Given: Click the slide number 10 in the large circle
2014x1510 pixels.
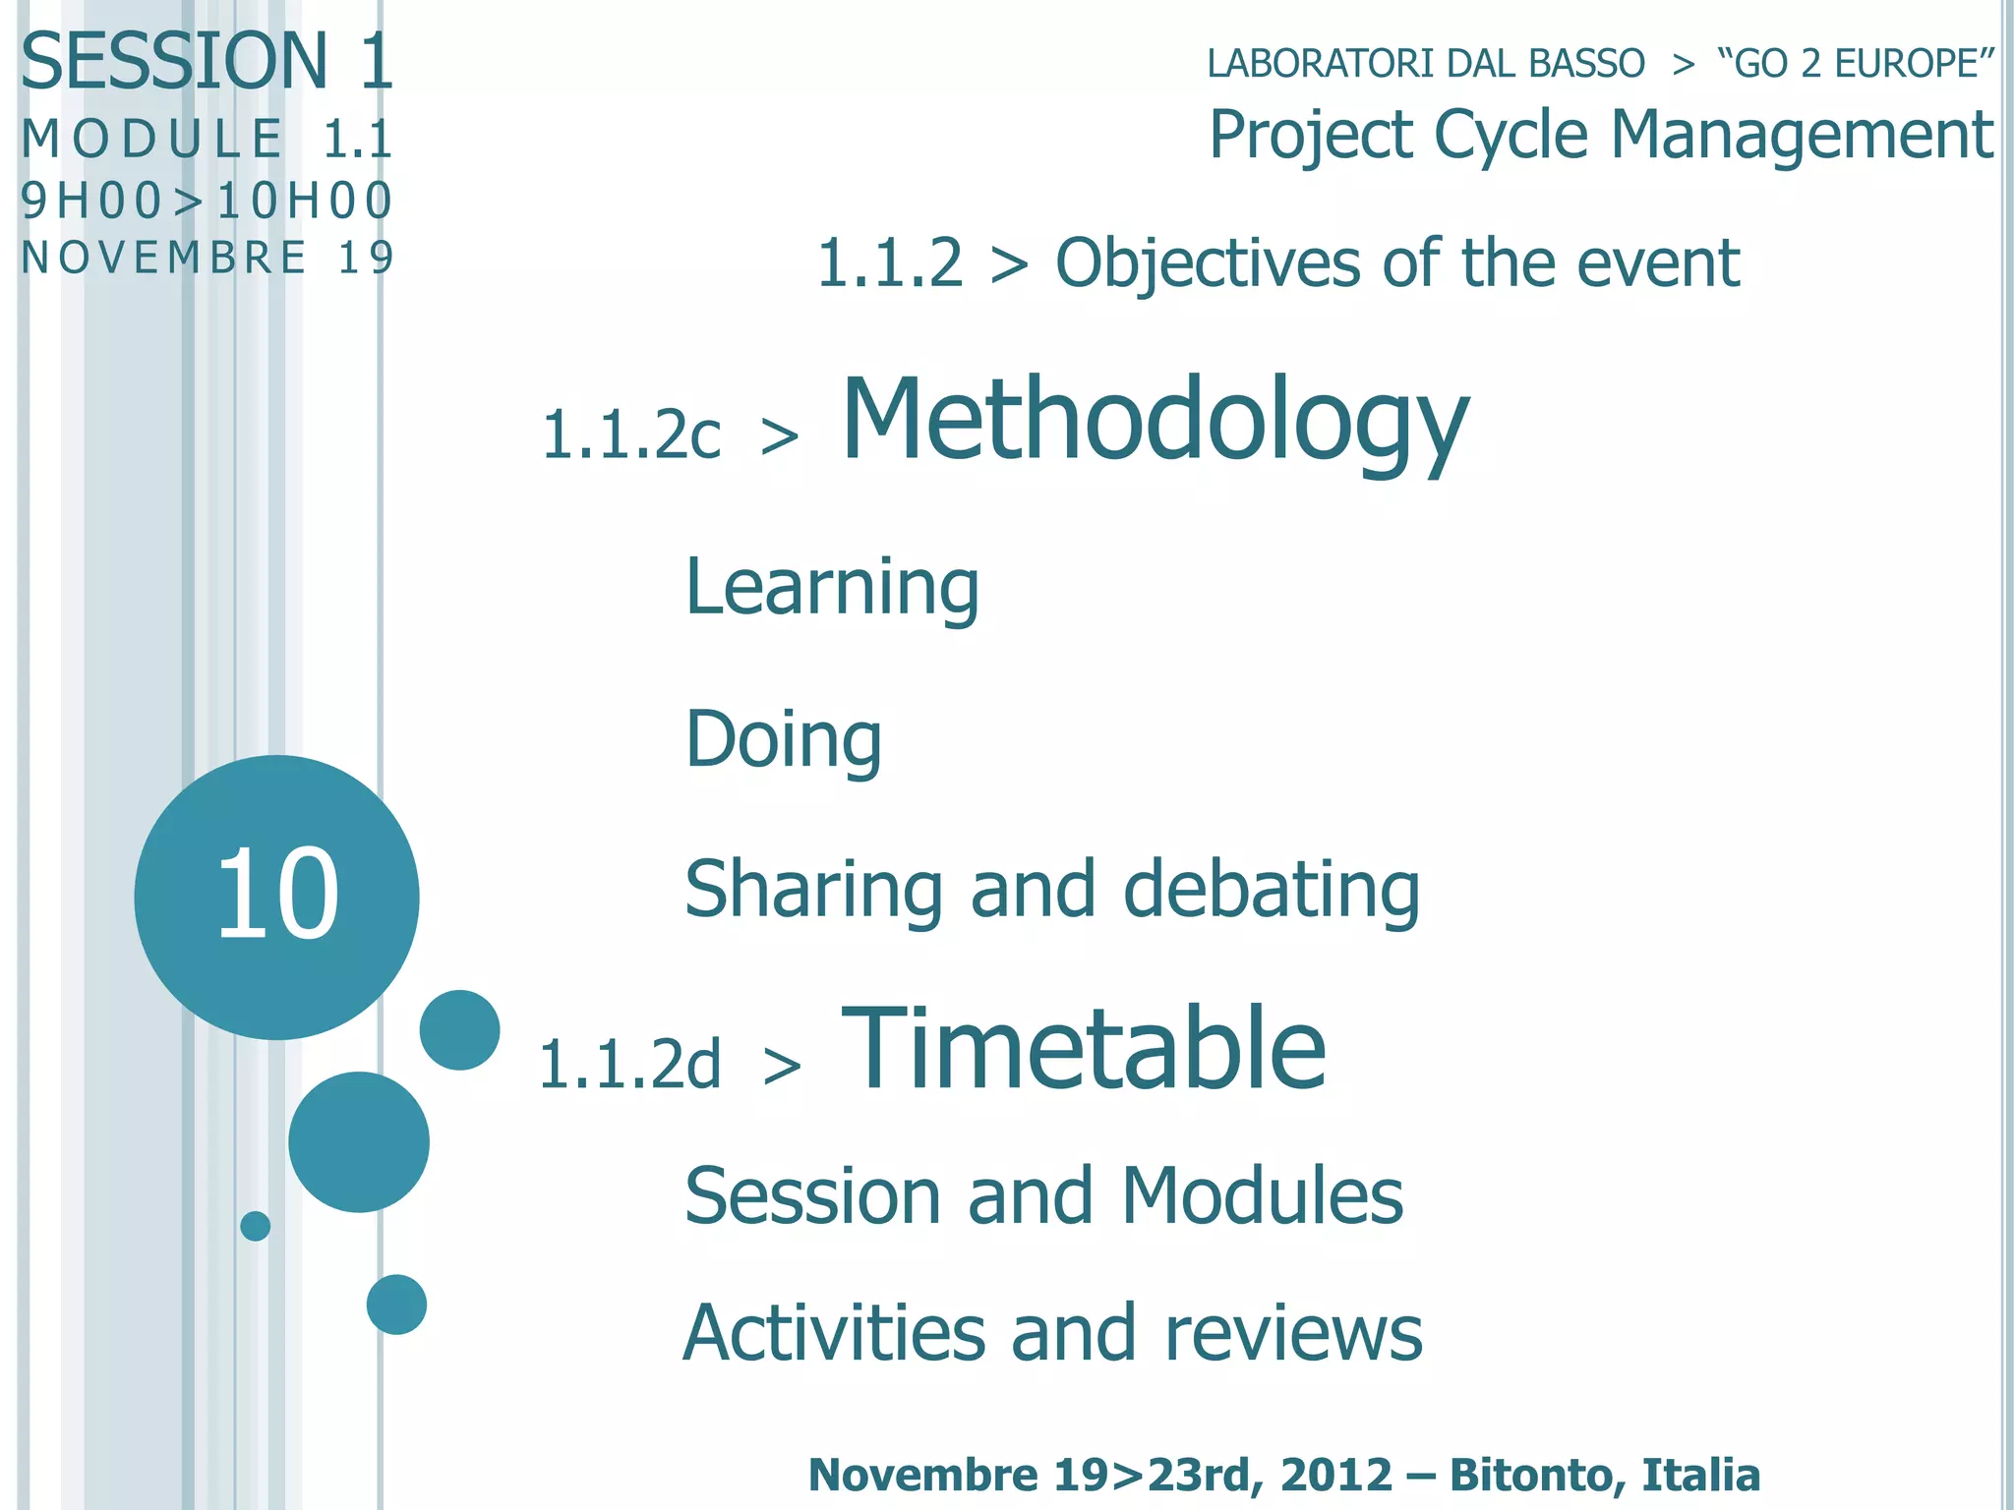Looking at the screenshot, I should pos(276,894).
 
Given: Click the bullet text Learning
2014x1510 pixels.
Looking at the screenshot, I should pos(832,587).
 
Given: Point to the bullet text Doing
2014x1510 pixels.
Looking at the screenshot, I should pos(783,739).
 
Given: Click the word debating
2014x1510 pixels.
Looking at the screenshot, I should pos(1271,890).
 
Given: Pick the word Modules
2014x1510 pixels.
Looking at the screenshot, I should pos(1262,1196).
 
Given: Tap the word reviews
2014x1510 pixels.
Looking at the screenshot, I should pos(1293,1334).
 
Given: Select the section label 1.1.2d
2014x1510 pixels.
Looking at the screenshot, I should pos(629,1065).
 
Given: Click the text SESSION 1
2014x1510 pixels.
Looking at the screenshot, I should pos(207,62).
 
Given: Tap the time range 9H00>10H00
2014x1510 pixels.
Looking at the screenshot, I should pos(207,202).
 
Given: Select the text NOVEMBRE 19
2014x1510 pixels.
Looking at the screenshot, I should pos(207,259).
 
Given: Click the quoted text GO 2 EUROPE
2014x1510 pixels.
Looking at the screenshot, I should pos(1855,64).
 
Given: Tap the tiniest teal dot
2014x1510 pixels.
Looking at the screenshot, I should pos(256,1226).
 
